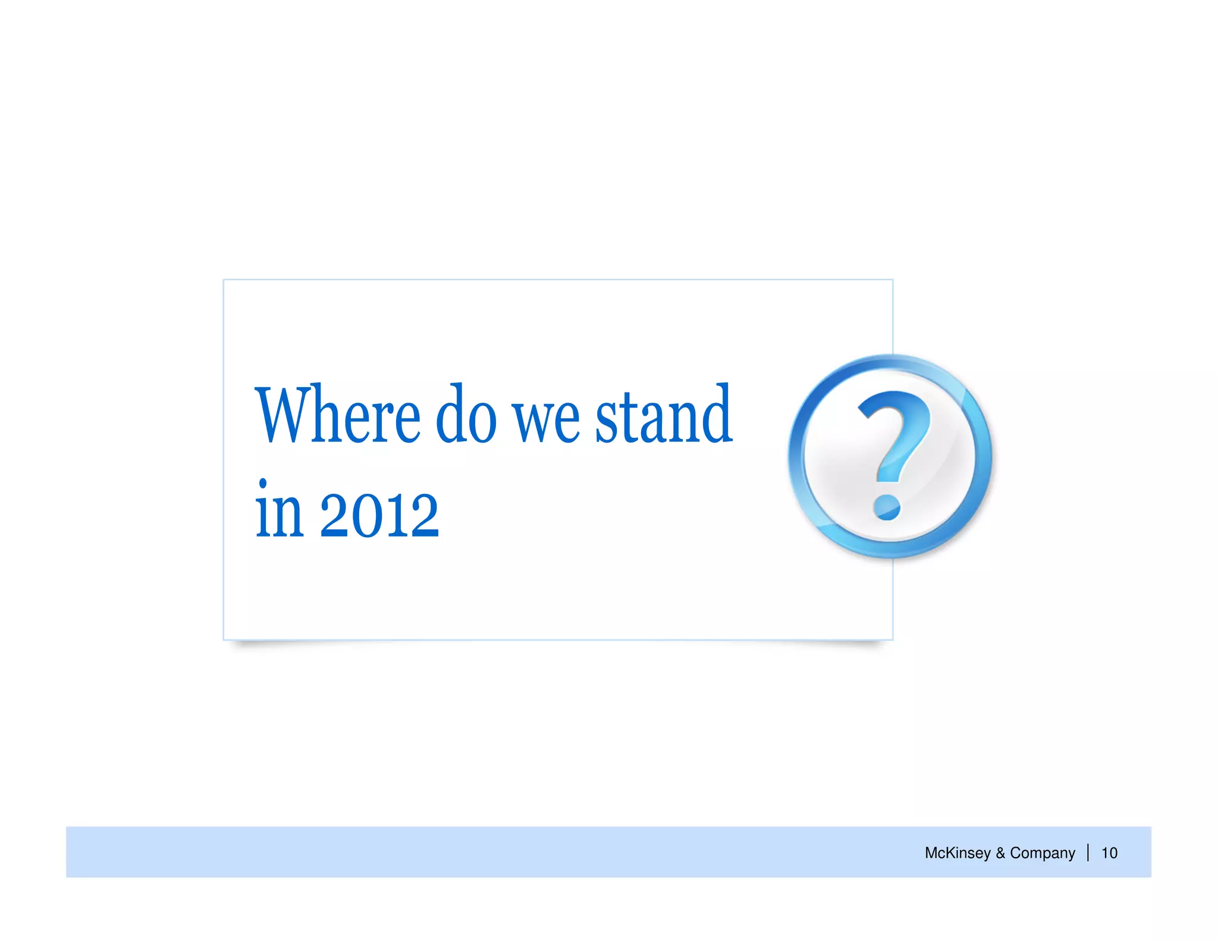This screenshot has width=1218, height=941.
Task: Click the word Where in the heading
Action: [338, 416]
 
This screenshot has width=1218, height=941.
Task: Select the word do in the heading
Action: [466, 416]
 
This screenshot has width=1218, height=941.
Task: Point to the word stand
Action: [664, 416]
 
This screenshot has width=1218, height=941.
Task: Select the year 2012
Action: [379, 515]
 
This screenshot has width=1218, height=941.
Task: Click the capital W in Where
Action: [282, 416]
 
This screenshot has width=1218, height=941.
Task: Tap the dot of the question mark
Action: [887, 507]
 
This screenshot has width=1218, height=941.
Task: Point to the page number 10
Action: [1109, 853]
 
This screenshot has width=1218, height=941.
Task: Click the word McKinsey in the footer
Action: [957, 853]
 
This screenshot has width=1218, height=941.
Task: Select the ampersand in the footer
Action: [1000, 853]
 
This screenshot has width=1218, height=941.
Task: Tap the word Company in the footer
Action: [1043, 853]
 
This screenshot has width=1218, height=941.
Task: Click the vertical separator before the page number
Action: [1088, 852]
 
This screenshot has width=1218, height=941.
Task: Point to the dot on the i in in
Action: [263, 484]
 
